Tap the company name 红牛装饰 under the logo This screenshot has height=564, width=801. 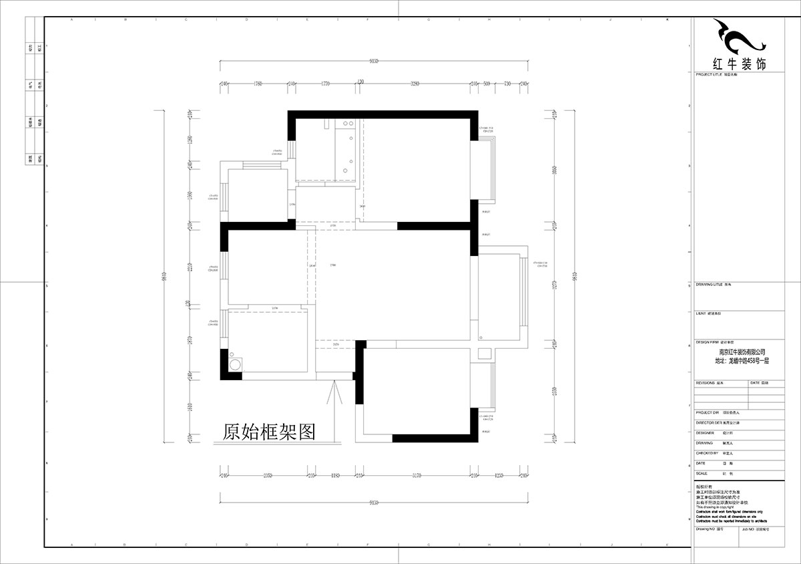coord(740,64)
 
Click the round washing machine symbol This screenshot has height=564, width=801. coord(236,364)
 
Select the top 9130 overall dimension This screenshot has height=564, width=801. coord(374,61)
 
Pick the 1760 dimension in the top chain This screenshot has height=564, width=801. coord(256,84)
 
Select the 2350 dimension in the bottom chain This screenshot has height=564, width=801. coord(267,475)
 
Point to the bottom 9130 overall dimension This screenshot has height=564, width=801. coord(374,498)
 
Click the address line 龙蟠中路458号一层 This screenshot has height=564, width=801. coord(742,360)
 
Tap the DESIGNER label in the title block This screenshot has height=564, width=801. coord(705,433)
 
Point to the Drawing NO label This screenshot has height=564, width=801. coord(705,528)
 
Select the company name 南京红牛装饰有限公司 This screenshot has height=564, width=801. coord(742,351)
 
